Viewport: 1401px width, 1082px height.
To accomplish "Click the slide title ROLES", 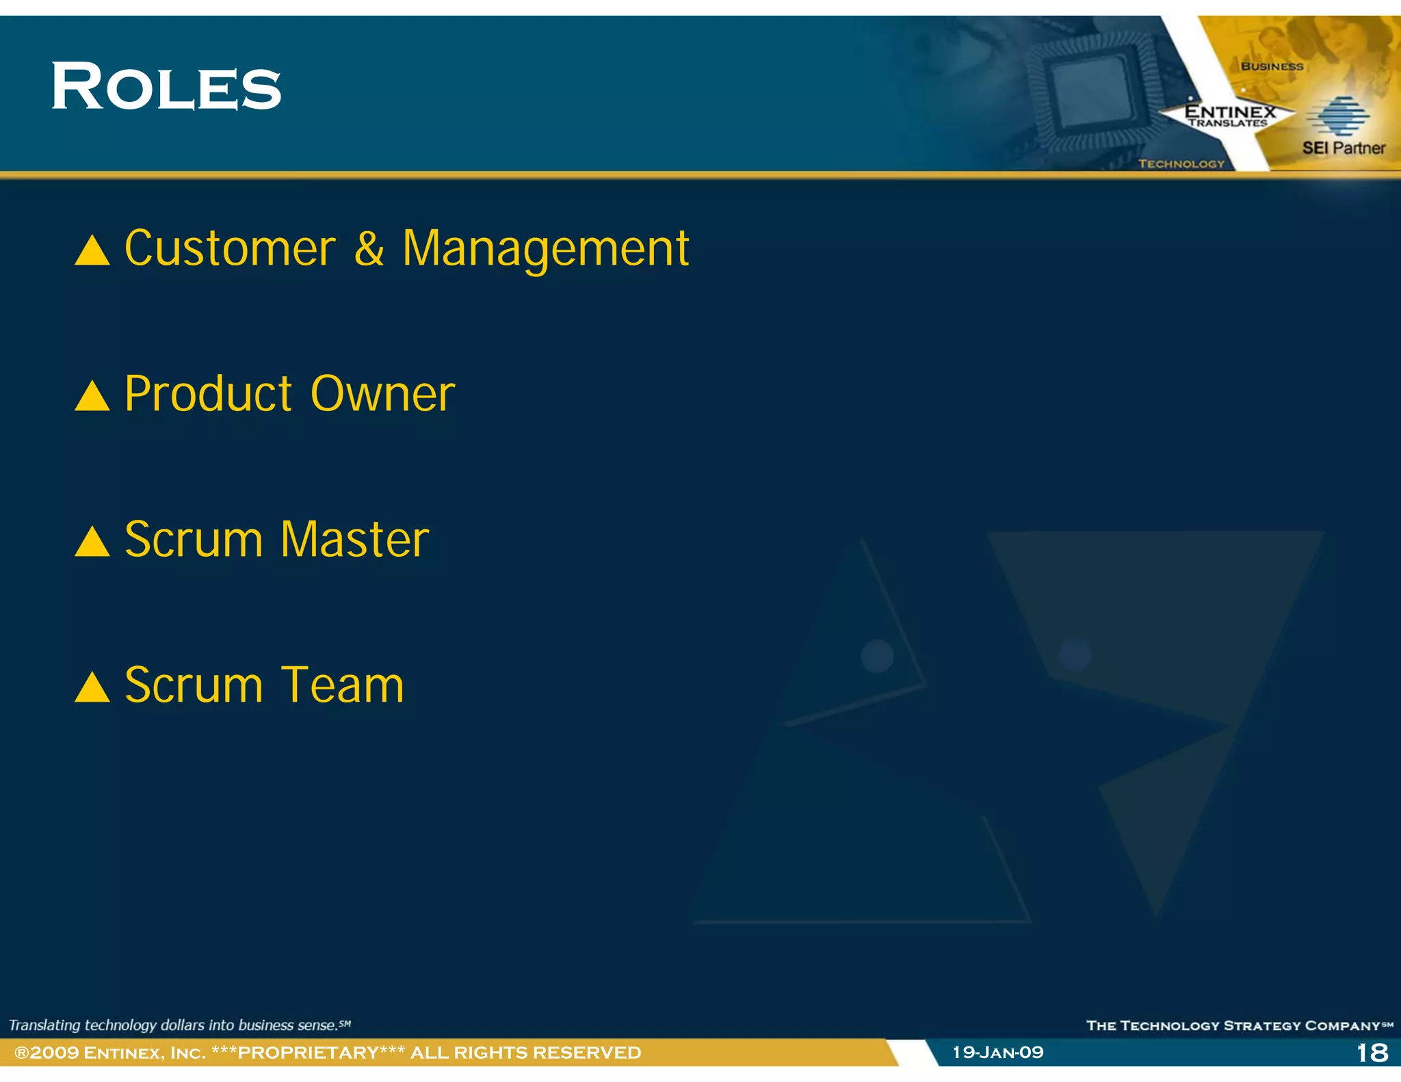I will click(166, 87).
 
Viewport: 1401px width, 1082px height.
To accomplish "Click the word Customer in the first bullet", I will click(230, 248).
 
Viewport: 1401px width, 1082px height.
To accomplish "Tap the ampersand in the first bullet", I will click(369, 248).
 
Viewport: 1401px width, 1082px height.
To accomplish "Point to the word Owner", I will click(382, 395).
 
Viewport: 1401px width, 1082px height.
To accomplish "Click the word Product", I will click(209, 395).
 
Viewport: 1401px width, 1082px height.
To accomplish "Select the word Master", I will click(354, 540).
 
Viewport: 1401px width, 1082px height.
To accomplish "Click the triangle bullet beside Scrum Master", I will click(92, 542).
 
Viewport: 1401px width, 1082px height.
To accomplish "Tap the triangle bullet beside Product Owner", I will click(92, 397).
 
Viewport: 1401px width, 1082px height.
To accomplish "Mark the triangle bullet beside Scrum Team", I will click(92, 688).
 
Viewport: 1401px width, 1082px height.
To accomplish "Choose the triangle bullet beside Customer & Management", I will click(92, 251).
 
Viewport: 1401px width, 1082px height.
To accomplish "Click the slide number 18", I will click(1372, 1053).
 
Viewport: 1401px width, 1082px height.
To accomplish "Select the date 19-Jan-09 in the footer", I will click(998, 1053).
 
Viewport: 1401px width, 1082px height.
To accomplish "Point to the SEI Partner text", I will click(1343, 148).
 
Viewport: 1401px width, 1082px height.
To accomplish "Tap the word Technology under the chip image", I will click(1181, 163).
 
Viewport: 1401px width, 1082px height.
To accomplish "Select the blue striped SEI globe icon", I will click(1339, 116).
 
